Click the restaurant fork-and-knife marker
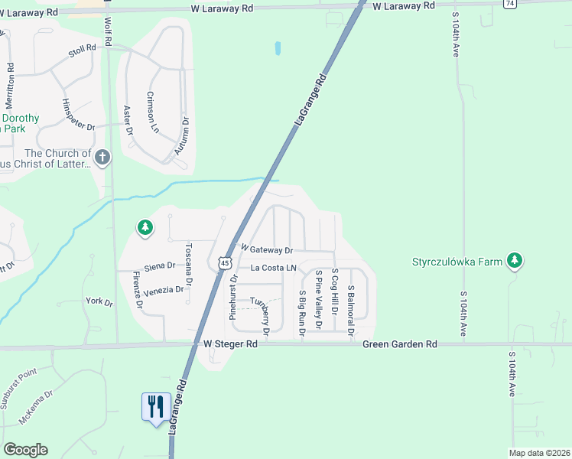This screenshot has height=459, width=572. click(156, 406)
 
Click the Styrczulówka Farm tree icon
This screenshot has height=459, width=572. click(516, 261)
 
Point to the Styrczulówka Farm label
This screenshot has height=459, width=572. click(457, 262)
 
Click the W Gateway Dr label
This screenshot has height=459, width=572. click(267, 249)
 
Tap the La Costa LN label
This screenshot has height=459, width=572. click(273, 268)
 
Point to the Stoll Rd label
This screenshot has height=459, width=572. click(82, 48)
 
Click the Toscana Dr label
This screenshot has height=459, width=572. click(189, 262)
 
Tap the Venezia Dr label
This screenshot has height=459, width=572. click(164, 290)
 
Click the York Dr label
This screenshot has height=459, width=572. click(99, 303)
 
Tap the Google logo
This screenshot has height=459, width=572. click(25, 450)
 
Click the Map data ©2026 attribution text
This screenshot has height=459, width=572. click(539, 453)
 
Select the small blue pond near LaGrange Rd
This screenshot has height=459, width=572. click(278, 48)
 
